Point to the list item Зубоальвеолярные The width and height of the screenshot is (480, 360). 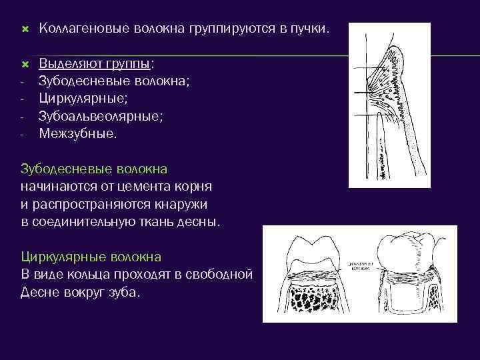pyautogui.click(x=101, y=116)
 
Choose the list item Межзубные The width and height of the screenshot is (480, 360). pyautogui.click(x=77, y=133)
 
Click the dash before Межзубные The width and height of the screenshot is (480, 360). pyautogui.click(x=23, y=134)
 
